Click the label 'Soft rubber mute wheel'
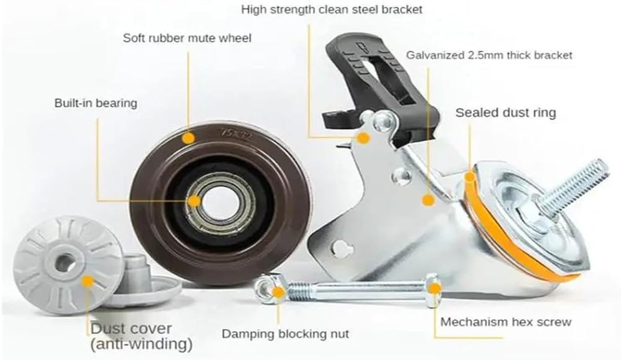(186, 38)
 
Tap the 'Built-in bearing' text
(95, 103)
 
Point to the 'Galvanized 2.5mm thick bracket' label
(489, 55)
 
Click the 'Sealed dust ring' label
(505, 112)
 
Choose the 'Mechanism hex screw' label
(505, 322)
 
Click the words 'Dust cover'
(131, 328)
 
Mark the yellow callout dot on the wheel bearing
(194, 200)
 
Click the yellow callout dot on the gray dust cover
(87, 281)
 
